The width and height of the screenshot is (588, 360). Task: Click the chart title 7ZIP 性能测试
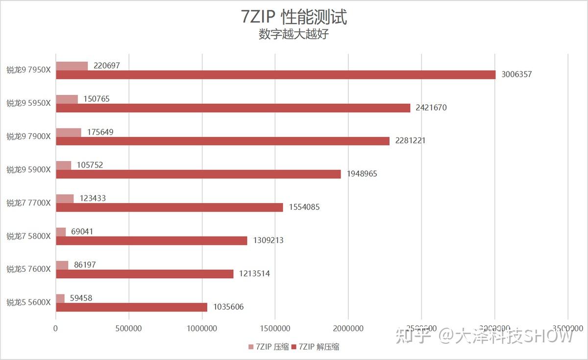click(294, 17)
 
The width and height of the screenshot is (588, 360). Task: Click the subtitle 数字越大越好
click(294, 35)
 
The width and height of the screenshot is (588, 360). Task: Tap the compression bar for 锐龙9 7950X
click(72, 66)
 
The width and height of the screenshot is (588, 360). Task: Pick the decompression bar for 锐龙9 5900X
click(198, 174)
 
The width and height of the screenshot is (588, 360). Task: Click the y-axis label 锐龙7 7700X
click(28, 203)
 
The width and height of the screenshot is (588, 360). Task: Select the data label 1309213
click(268, 240)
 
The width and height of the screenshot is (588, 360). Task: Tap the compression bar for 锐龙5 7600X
click(62, 265)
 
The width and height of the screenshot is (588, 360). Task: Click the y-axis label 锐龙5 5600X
click(28, 302)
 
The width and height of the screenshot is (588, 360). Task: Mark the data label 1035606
click(228, 307)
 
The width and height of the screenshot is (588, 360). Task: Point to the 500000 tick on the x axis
click(129, 328)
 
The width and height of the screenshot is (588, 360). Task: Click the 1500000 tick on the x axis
click(275, 328)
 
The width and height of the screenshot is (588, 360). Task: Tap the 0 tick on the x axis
click(56, 328)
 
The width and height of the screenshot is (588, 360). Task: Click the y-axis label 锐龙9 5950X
click(28, 103)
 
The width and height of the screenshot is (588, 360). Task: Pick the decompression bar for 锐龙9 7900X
click(222, 141)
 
